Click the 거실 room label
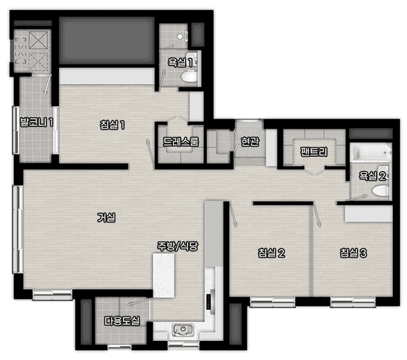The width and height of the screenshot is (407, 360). point(106,217)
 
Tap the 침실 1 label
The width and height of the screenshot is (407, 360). point(112,125)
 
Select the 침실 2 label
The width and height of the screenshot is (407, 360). point(271,252)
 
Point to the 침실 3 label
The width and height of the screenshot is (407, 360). point(354,252)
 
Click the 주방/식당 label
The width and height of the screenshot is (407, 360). point(178,246)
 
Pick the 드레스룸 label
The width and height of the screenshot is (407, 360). point(181,142)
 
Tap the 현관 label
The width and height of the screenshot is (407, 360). point(250,141)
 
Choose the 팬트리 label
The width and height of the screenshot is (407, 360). point(314,152)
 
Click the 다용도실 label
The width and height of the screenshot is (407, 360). point(122,321)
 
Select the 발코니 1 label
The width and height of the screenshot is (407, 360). point(37,122)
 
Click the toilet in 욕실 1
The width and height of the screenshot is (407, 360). point(188,77)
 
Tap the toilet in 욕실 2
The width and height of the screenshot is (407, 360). point(380,191)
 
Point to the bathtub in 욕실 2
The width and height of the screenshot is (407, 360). point(370,152)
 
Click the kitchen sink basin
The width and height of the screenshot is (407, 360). point(183,329)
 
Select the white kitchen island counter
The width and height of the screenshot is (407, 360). point(164,276)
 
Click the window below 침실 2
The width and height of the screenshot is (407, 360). point(273,302)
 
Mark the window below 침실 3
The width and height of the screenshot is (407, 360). point(353,302)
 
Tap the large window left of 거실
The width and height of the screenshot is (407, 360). point(18,229)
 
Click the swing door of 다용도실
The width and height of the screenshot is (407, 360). point(140,302)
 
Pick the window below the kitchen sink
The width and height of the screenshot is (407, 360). point(183,345)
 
